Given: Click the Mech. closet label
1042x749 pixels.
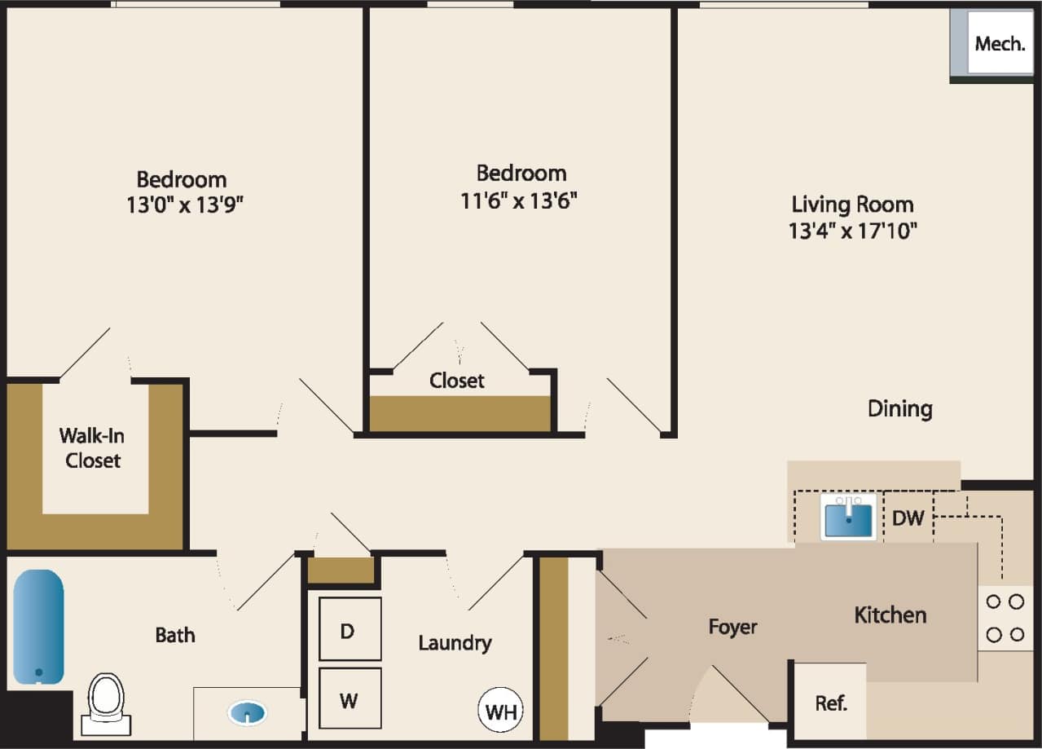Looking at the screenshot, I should (x=1000, y=44).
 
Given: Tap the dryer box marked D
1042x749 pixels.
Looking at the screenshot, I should (x=350, y=629).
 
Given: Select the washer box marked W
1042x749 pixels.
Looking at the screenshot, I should (x=350, y=698).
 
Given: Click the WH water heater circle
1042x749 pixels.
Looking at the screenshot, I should (x=500, y=711).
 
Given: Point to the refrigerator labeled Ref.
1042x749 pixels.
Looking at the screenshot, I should (x=830, y=703).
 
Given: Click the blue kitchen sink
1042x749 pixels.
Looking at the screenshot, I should (x=848, y=519).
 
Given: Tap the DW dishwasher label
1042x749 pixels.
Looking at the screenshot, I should (x=908, y=517).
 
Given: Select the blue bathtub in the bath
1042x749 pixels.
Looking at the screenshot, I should (x=38, y=626).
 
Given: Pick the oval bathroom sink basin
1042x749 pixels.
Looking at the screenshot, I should (x=248, y=715).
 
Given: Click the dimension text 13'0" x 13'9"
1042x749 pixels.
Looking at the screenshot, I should (x=185, y=205).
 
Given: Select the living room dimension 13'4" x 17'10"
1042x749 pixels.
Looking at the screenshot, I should (x=852, y=231).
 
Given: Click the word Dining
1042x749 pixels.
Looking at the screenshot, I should (x=899, y=408).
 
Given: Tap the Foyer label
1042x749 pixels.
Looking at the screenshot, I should (x=732, y=627).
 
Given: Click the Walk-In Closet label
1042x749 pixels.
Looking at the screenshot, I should (x=93, y=448).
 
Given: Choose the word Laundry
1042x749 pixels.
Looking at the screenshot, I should (x=455, y=642).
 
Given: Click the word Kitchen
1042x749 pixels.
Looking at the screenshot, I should (x=890, y=615).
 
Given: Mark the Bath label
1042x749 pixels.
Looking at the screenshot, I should (x=175, y=634).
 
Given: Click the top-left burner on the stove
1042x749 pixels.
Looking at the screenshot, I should (x=994, y=602).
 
